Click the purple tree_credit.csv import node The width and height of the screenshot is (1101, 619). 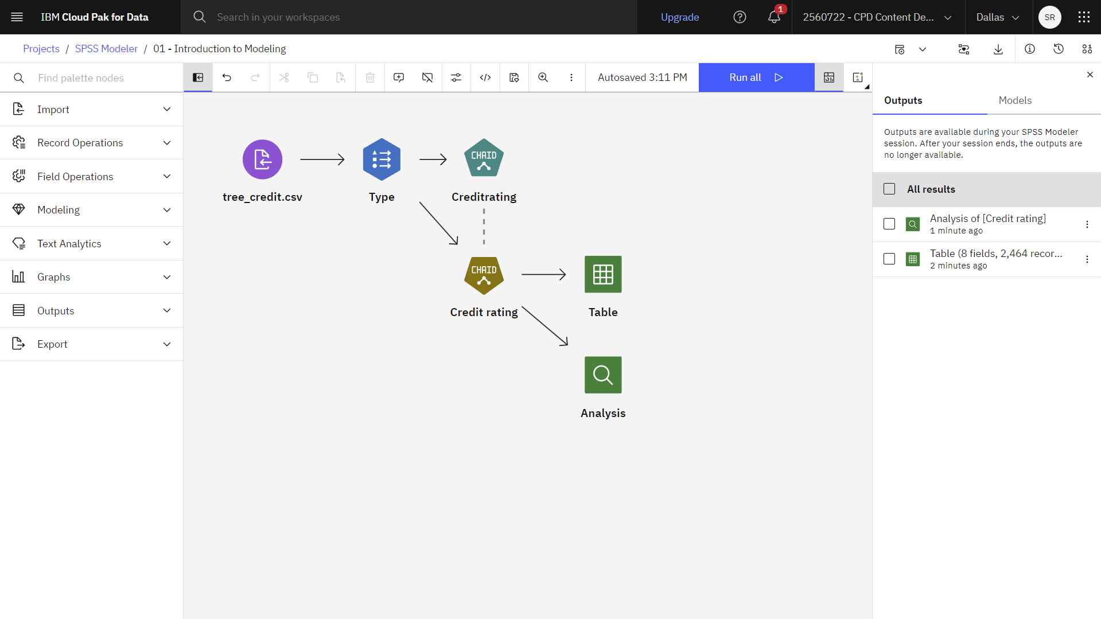(262, 159)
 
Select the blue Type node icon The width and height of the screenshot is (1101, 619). (382, 159)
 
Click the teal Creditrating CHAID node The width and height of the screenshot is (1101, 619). (484, 158)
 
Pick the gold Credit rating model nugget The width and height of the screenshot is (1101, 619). (484, 275)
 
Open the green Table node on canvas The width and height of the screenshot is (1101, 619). (603, 274)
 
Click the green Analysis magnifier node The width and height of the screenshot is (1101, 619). (603, 375)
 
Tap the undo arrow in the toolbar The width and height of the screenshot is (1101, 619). (227, 77)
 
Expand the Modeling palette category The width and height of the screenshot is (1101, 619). (92, 210)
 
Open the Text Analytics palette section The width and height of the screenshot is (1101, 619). (92, 244)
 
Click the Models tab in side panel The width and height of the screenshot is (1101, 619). (1015, 100)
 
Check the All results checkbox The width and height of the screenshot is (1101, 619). (889, 189)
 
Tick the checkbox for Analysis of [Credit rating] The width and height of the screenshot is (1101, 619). (889, 224)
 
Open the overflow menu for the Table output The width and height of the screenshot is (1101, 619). (1087, 259)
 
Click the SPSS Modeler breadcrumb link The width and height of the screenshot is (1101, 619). (106, 49)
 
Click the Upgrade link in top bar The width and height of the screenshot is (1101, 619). (680, 17)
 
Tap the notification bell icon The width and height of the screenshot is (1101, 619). (774, 17)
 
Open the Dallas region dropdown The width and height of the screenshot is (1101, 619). (998, 17)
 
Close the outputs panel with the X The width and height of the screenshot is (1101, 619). (1090, 75)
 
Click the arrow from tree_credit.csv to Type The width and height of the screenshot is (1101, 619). (322, 159)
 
